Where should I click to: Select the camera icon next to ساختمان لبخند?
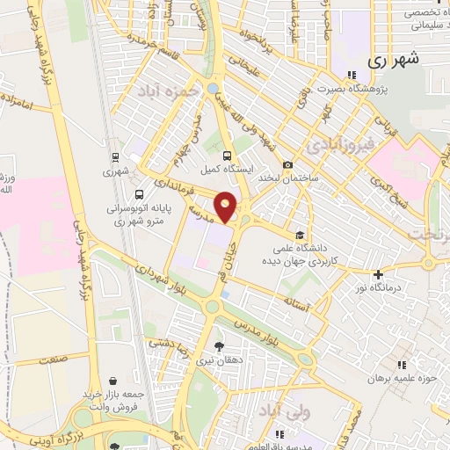point(287,164)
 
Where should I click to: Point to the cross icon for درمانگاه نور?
point(378,274)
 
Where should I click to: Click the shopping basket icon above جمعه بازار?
point(114,381)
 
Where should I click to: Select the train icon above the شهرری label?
point(114,158)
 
